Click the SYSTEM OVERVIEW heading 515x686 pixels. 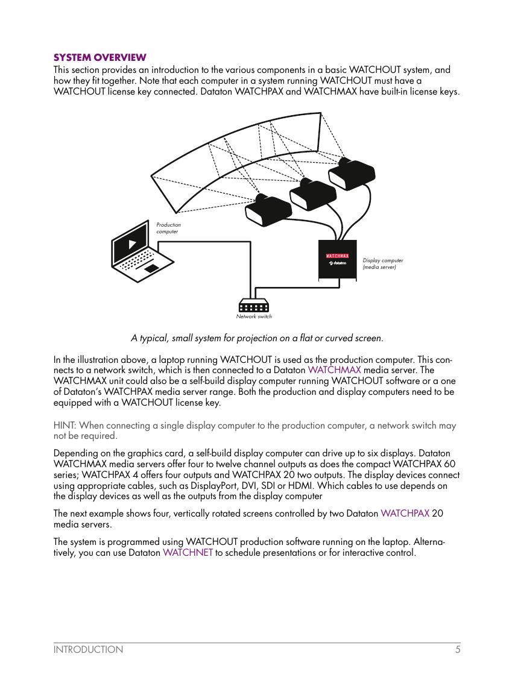click(x=100, y=58)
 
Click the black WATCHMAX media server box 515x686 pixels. click(x=337, y=260)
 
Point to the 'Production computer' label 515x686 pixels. click(x=168, y=228)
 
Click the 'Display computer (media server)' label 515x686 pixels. click(x=382, y=263)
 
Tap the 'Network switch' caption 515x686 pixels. click(x=254, y=316)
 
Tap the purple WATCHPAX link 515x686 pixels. click(x=405, y=514)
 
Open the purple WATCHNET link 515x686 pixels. click(x=188, y=553)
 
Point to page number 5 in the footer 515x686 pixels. click(x=458, y=650)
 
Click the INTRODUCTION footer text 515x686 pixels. click(x=88, y=650)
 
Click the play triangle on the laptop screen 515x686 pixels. click(x=133, y=244)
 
